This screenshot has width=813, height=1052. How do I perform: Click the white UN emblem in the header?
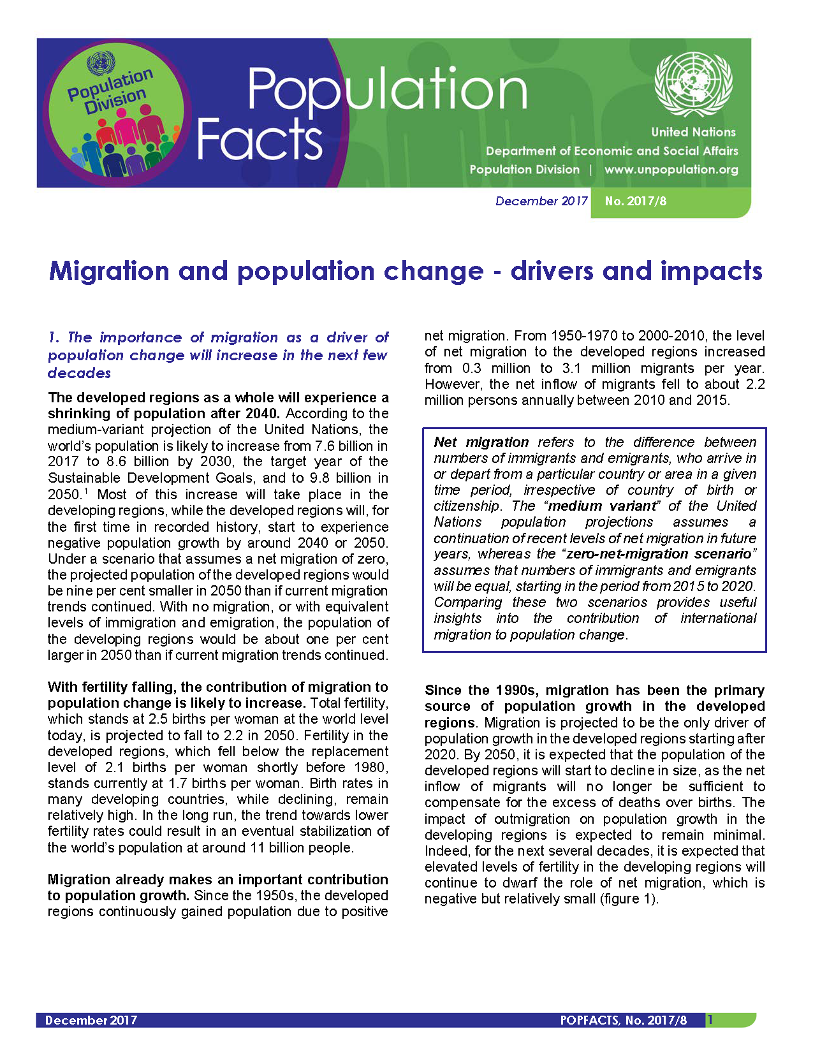[x=694, y=84]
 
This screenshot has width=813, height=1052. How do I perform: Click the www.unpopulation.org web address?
[x=671, y=170]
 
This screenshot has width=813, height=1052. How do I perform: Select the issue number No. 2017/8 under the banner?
[x=635, y=201]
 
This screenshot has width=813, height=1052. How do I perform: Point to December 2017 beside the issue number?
[x=541, y=201]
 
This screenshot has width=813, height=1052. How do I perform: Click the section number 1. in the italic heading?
[x=54, y=337]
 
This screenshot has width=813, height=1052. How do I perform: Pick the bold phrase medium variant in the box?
[x=602, y=506]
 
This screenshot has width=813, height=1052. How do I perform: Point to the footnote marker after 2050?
[x=86, y=491]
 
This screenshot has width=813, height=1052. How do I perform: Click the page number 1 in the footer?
[x=710, y=1020]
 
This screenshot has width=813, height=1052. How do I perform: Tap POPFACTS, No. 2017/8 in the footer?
[x=623, y=1020]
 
